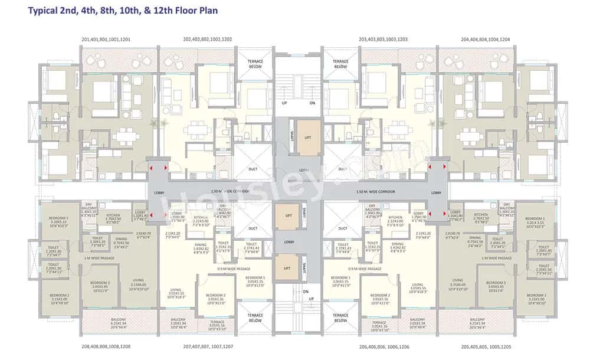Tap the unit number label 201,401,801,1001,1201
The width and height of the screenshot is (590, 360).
[x=106, y=40]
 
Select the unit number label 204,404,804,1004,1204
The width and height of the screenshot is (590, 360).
[x=485, y=40]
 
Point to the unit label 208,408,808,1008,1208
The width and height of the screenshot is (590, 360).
[x=106, y=346]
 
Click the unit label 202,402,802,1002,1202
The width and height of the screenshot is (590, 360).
[x=208, y=40]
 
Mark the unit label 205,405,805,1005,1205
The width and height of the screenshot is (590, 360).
[x=485, y=346]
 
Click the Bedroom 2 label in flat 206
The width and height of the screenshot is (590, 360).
[x=380, y=297]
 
